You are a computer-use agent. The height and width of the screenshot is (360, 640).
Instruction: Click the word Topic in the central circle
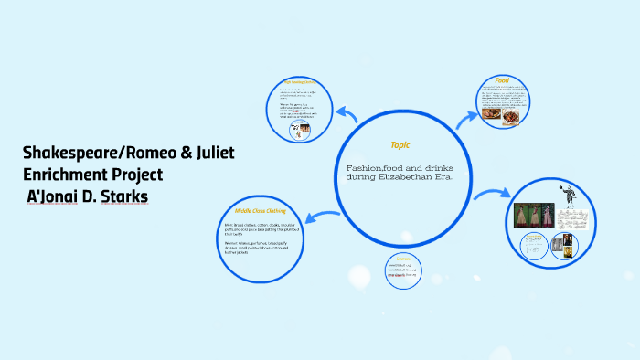coord(400,145)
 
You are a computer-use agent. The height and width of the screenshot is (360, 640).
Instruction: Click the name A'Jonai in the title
coord(57,196)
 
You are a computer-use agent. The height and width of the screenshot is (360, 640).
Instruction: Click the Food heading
coord(501,79)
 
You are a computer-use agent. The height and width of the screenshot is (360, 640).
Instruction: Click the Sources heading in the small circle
coord(403,259)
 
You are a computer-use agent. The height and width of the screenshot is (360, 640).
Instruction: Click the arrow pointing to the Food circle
coord(466,116)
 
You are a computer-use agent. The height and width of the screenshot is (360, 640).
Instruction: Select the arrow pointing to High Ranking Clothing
coord(347,113)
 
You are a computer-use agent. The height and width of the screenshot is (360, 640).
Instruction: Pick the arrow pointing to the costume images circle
coord(490,195)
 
